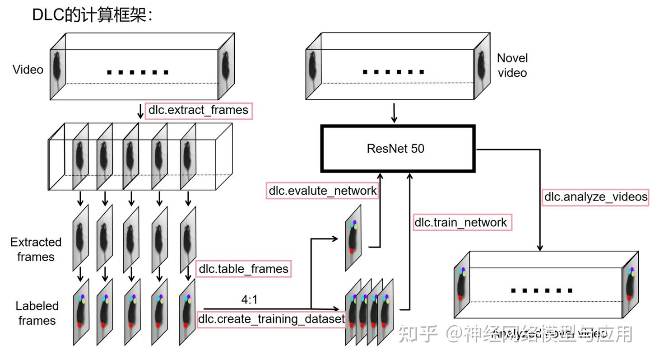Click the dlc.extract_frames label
[199, 111]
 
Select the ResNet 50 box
[398, 149]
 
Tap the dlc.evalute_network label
[322, 191]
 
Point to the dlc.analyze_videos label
[595, 197]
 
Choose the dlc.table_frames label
[243, 269]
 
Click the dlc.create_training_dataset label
[271, 319]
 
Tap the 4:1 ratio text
[250, 299]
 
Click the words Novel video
[512, 65]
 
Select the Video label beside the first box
[28, 70]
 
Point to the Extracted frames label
[36, 249]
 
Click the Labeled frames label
[37, 313]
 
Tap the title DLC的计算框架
[93, 14]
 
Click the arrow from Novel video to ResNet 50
[394, 113]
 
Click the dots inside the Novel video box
[393, 72]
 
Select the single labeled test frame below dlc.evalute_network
[353, 237]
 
